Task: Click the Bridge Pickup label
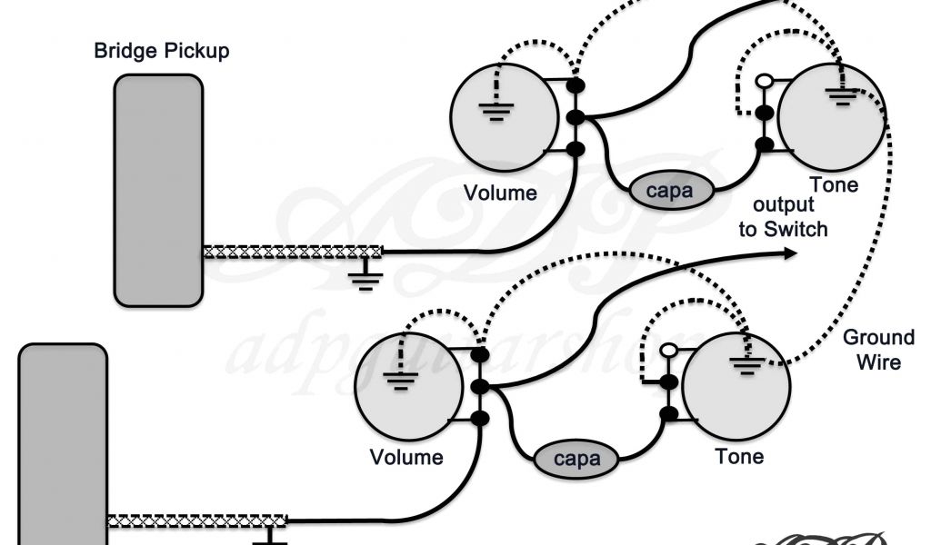162,50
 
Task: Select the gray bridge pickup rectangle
158,191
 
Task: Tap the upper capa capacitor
669,191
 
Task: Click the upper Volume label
500,193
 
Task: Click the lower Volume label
406,457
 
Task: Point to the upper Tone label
834,185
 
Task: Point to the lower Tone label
739,457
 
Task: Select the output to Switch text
783,218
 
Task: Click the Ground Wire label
878,350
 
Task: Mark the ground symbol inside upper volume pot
496,112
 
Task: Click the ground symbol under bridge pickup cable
365,275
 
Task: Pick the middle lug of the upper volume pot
575,118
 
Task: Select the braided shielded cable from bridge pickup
291,252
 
